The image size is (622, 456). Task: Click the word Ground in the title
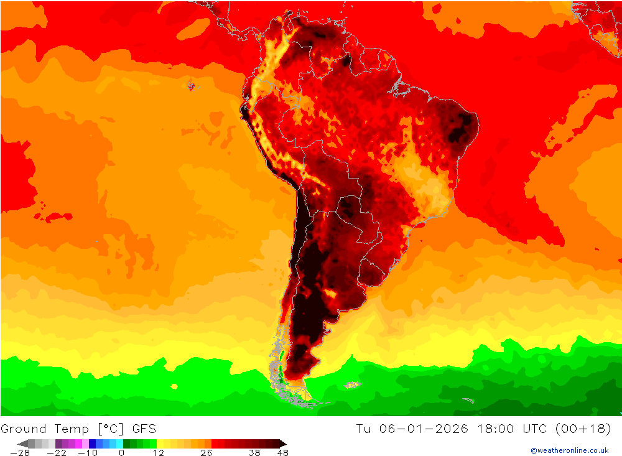24,429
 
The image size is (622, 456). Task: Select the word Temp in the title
71,429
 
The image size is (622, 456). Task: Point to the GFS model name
143,429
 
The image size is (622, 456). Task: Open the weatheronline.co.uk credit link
569,450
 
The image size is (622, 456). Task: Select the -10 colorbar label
88,453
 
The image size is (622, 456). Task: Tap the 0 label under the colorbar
121,453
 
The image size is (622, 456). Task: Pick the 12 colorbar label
158,453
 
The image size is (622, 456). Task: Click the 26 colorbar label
206,453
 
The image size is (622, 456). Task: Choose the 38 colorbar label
254,453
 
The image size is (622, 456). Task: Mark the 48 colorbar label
282,453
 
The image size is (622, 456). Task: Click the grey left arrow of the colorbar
22,444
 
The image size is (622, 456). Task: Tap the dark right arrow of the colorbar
283,444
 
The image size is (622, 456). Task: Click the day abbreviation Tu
363,429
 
